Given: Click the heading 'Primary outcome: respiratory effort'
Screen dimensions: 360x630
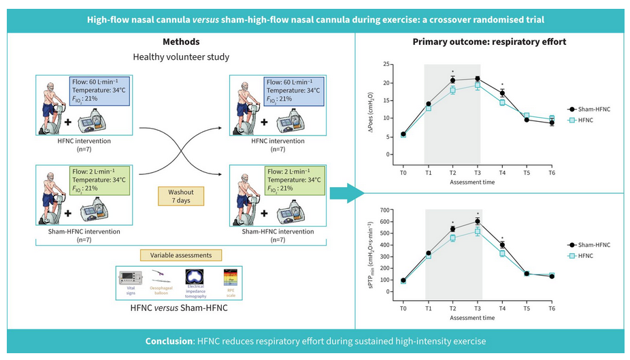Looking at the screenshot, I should (x=489, y=42).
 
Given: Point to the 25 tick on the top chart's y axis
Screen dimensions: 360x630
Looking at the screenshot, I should (x=386, y=65).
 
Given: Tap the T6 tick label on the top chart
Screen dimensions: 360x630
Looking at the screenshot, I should (x=552, y=173).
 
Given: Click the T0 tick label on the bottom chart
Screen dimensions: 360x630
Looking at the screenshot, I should (x=403, y=308).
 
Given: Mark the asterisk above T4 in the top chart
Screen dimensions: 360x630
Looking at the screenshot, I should (x=502, y=85).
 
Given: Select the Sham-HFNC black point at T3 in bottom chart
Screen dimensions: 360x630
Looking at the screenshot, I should (x=478, y=221).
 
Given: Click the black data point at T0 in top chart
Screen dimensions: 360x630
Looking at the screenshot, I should (x=403, y=134).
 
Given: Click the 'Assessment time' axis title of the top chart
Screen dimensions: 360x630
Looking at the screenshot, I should (x=478, y=182).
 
